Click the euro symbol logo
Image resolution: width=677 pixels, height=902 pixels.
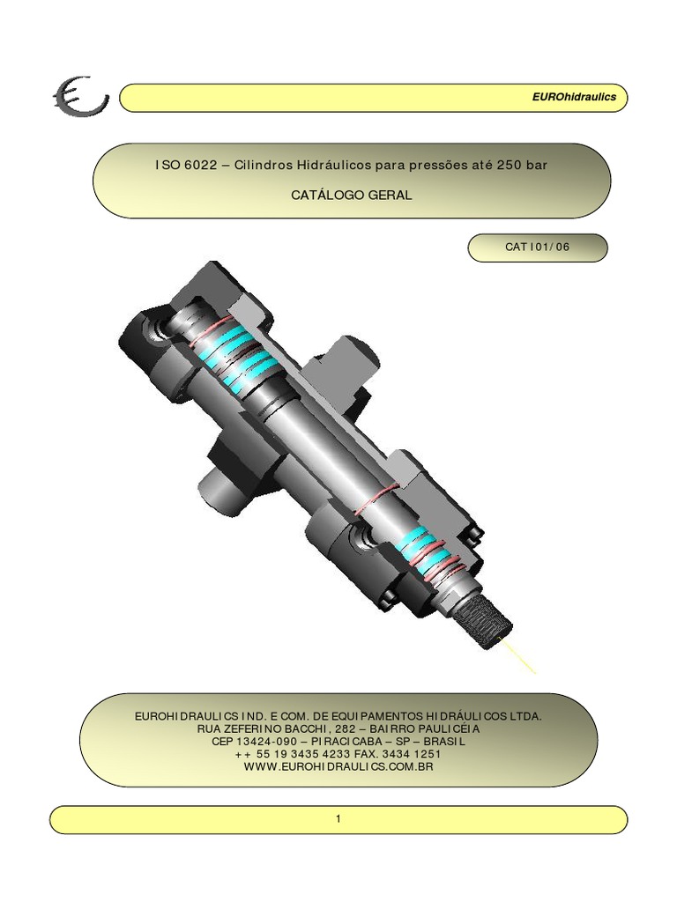click(x=80, y=96)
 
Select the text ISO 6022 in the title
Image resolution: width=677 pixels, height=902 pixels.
click(x=186, y=165)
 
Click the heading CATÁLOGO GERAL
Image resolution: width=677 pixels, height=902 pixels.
click(x=351, y=195)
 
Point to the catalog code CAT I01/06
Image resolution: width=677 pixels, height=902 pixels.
click(x=537, y=247)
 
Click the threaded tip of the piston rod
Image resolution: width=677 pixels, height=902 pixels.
click(x=484, y=625)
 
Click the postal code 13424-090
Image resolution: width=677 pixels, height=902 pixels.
click(x=266, y=742)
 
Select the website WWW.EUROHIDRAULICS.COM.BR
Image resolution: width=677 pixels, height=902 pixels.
click(x=338, y=767)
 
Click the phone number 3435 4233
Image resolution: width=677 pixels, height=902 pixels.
click(x=321, y=754)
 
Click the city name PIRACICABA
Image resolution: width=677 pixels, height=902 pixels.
click(x=343, y=742)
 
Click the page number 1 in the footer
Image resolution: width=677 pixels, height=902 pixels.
click(x=338, y=818)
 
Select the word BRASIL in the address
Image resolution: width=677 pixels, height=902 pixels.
click(x=444, y=742)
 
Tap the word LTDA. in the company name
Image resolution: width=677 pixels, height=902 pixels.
click(x=525, y=716)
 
